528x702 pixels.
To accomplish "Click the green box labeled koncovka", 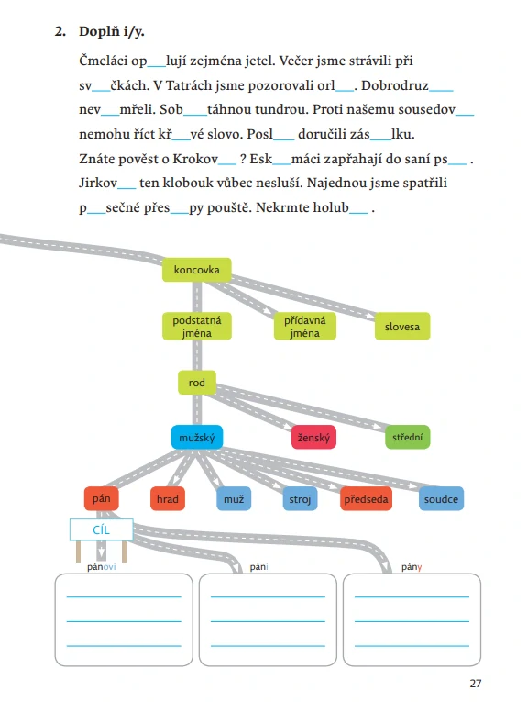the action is click(x=197, y=270).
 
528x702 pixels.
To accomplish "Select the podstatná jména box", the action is click(x=197, y=327).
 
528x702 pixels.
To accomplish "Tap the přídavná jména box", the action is click(x=305, y=327).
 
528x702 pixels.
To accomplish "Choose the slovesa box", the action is click(x=402, y=327).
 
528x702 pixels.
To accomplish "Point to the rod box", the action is click(x=197, y=383).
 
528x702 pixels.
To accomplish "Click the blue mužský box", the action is click(x=197, y=438).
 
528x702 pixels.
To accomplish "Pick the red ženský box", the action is click(x=313, y=438).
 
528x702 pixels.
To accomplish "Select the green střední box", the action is click(x=407, y=438).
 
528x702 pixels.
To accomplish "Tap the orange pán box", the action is click(x=102, y=499).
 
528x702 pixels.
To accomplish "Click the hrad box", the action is click(x=167, y=499).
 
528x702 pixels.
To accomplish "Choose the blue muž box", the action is click(x=234, y=499).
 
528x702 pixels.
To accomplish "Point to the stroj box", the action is click(x=300, y=499).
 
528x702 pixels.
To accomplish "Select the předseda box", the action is click(x=366, y=499).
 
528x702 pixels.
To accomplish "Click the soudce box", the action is click(x=441, y=499).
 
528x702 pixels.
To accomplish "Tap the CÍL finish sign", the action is click(x=102, y=530).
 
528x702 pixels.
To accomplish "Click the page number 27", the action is click(x=476, y=684).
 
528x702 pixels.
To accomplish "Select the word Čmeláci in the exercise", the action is click(x=104, y=61).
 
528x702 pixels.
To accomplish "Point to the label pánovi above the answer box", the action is click(x=102, y=567).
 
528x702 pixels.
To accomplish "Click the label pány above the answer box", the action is click(x=412, y=567).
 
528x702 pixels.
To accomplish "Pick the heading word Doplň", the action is click(x=99, y=31).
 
